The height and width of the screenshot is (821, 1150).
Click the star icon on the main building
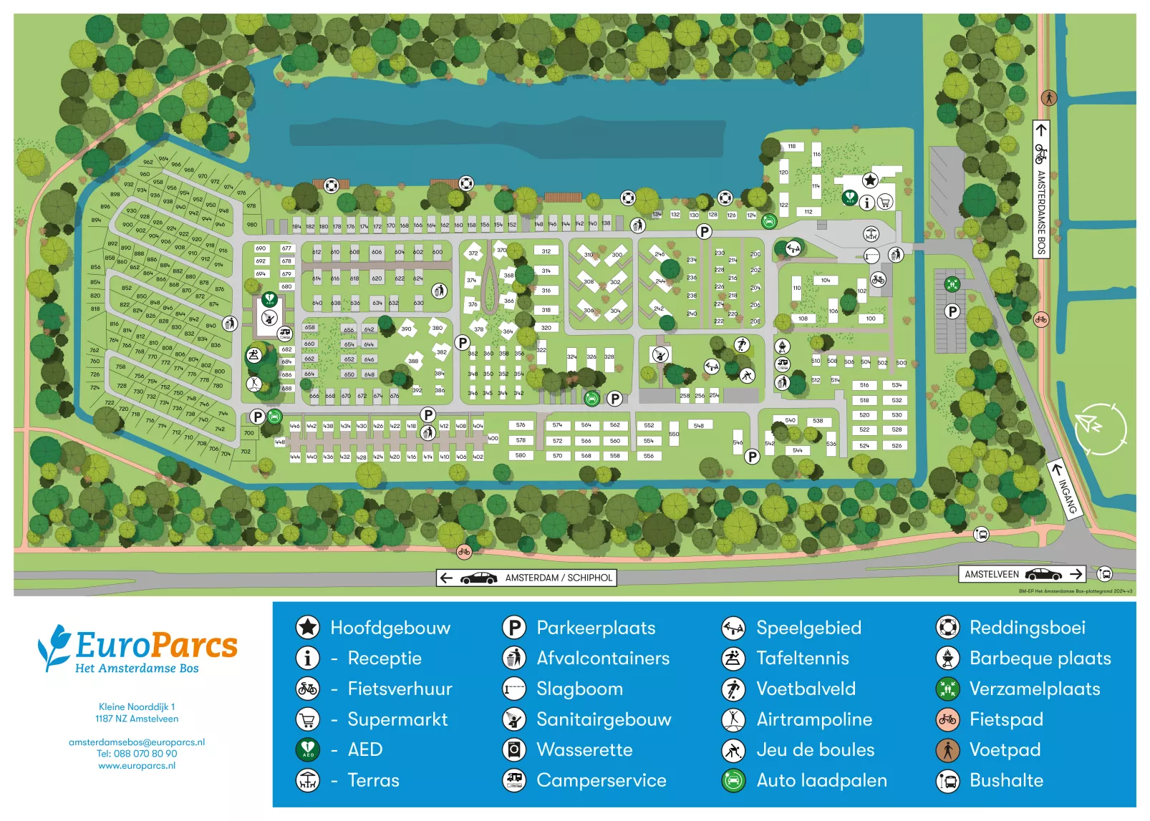(869, 180)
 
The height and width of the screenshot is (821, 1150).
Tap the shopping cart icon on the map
(884, 203)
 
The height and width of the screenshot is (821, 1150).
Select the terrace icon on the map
(871, 233)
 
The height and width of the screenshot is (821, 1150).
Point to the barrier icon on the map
(871, 256)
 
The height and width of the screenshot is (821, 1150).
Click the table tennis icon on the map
(253, 355)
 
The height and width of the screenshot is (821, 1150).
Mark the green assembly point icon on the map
(952, 284)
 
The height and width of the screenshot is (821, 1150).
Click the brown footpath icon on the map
(1048, 97)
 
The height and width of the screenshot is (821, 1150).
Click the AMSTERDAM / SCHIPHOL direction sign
(526, 578)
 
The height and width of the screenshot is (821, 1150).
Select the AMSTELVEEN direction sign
(1022, 574)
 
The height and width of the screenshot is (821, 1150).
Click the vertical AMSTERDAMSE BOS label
(1041, 208)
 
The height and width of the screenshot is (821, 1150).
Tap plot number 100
(870, 319)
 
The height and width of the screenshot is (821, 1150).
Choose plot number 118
(791, 147)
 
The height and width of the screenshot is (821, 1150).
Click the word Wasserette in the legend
(584, 750)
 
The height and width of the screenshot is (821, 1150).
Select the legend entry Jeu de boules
(815, 750)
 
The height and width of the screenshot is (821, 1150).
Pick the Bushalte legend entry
(1005, 781)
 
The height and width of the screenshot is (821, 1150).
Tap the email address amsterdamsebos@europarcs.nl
(137, 742)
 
